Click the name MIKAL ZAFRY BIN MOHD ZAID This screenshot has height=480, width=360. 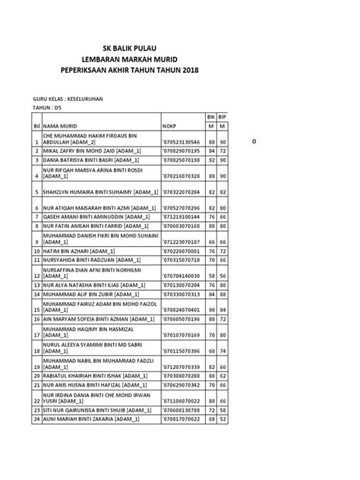pyautogui.click(x=90, y=151)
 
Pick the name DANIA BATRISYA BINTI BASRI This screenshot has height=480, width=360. pyautogui.click(x=91, y=160)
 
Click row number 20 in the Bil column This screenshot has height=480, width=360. pyautogui.click(x=36, y=375)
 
